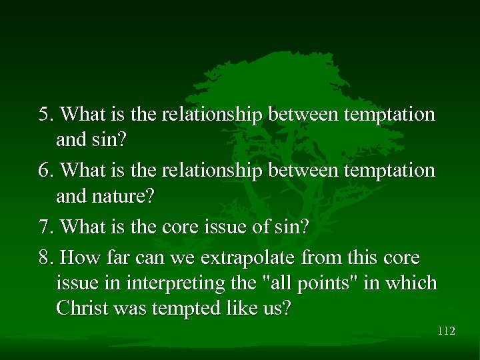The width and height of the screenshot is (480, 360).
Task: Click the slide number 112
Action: click(446, 331)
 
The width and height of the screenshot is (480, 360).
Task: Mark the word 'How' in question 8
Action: click(77, 257)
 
